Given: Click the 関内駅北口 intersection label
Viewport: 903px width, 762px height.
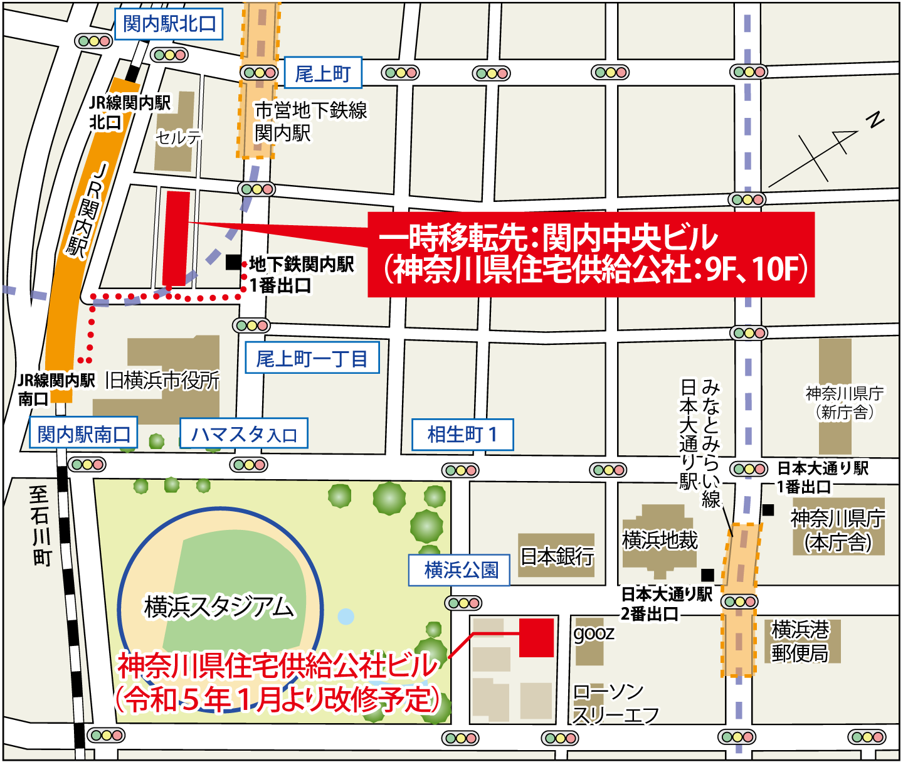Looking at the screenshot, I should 169,24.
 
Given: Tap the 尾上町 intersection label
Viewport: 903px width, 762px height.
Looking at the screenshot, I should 323,73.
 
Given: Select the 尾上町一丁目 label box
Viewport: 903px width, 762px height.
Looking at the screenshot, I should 312,358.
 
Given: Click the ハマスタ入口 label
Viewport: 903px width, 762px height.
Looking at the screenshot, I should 244,434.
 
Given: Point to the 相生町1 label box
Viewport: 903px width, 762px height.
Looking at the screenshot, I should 462,435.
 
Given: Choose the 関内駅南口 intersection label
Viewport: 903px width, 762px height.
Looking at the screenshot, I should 83,434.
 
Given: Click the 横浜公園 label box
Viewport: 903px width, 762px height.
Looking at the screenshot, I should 460,570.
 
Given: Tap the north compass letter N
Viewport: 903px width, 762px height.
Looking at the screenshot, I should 875,119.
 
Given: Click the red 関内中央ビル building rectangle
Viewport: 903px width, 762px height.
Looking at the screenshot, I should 176,238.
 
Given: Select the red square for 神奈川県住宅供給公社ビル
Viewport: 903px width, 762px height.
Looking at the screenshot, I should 536,638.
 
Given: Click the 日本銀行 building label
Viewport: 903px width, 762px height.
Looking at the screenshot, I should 557,556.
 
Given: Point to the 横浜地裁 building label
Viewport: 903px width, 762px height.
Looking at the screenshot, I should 660,540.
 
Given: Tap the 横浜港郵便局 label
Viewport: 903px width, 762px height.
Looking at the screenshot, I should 800,641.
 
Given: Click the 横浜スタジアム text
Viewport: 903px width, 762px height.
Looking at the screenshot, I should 219,606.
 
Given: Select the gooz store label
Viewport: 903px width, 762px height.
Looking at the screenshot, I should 593,633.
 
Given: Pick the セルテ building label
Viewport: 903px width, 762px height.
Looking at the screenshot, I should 178,137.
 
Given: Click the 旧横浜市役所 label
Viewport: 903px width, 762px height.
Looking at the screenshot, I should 162,379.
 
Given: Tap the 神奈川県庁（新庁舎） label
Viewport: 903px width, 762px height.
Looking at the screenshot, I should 844,403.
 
